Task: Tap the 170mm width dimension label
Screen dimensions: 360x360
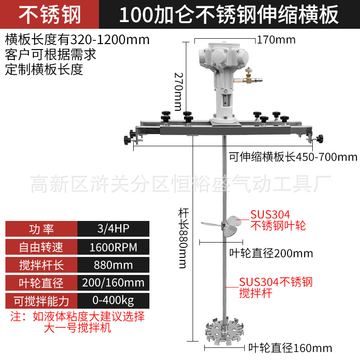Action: click(x=276, y=40)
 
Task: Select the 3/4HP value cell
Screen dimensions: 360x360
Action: click(x=113, y=229)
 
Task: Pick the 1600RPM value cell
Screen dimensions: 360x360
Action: click(x=113, y=247)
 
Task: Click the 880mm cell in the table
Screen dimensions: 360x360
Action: click(x=113, y=265)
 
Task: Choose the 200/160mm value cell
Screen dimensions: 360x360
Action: click(x=113, y=283)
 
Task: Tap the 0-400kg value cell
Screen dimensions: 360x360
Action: click(x=113, y=300)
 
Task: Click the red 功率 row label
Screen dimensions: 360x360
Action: click(x=41, y=229)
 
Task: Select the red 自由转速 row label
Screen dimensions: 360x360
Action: click(x=41, y=247)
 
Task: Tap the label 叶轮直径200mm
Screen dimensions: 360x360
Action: click(x=271, y=253)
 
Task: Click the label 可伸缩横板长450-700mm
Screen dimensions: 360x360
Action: click(x=293, y=157)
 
